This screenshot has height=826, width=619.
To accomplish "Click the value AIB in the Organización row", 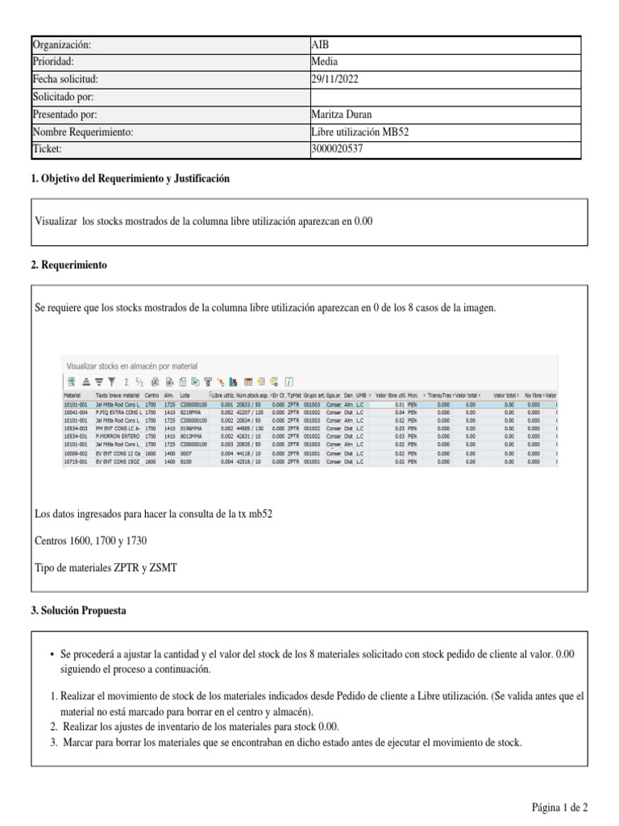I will tap(319, 45).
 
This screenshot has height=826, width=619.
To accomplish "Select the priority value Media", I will tap(325, 62).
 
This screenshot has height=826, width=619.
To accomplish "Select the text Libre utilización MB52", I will tap(360, 132).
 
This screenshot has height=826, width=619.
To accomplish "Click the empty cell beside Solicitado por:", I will tap(443, 98).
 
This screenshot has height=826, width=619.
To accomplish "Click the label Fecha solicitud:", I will tap(65, 80).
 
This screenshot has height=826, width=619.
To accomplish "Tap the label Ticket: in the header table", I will tap(47, 149).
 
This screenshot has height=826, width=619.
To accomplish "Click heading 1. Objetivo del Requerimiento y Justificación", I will tap(130, 178).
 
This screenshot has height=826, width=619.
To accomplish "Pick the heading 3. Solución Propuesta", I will tap(78, 611).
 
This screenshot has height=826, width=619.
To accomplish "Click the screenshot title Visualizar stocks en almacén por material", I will tap(131, 366).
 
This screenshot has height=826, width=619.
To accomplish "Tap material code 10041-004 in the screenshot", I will tap(76, 412).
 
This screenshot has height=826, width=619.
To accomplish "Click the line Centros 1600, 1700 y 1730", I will tap(91, 540).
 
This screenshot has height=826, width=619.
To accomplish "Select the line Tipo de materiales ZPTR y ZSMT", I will tap(106, 569).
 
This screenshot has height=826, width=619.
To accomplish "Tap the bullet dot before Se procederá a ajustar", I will tap(52, 655).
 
